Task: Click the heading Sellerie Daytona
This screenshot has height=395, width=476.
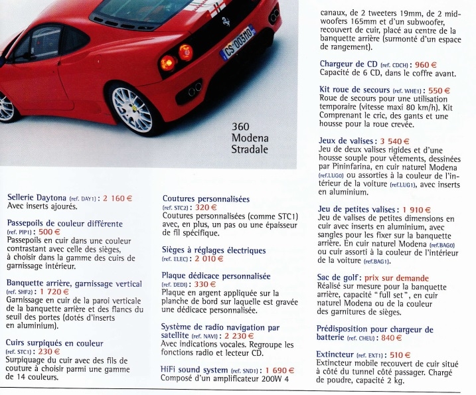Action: click(37, 197)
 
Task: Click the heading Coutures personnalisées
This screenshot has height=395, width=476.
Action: click(206, 198)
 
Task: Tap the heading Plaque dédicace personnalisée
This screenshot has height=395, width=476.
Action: click(216, 276)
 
